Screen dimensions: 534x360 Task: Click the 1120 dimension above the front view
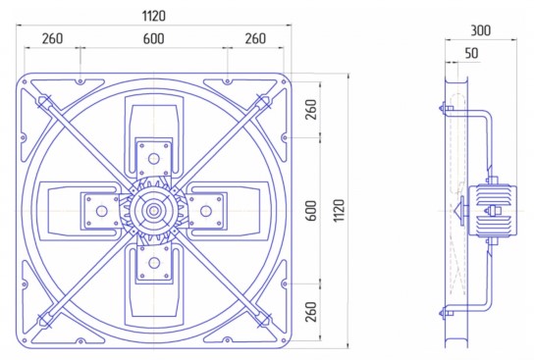click(x=153, y=16)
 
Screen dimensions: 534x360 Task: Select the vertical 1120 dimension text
click(x=339, y=211)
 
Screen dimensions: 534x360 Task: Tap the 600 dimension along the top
click(x=153, y=39)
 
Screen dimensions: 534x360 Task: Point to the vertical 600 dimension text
click(x=311, y=211)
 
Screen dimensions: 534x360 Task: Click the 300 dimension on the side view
click(x=481, y=30)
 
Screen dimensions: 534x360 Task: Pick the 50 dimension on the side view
click(x=472, y=53)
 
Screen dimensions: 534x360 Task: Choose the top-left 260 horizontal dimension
click(x=52, y=39)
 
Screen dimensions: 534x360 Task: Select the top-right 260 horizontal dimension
click(x=255, y=39)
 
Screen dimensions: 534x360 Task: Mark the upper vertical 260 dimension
click(x=311, y=110)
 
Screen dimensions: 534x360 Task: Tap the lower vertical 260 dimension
click(x=311, y=312)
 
